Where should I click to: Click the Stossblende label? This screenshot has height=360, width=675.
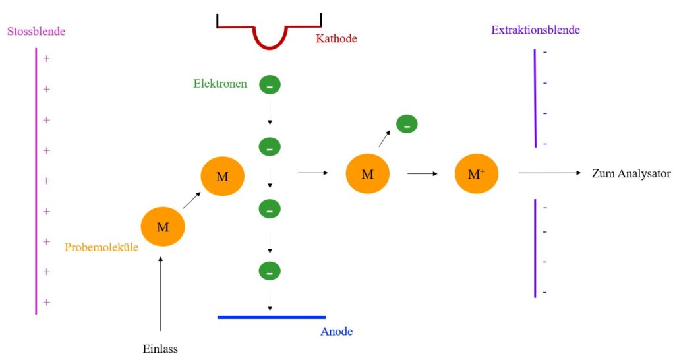pos(36,32)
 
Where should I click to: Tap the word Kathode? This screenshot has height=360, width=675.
pos(336,38)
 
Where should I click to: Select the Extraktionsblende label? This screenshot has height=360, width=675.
pos(535,30)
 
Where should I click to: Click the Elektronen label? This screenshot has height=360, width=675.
pos(220,84)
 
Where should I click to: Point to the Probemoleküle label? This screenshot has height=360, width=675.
pos(101,247)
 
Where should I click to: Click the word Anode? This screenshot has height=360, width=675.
pos(336,332)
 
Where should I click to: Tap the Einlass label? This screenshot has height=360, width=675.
pos(160,349)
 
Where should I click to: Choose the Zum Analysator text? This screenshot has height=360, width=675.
pos(631,173)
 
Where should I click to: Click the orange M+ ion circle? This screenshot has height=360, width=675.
pos(476,173)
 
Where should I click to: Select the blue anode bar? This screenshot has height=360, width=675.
pos(272,317)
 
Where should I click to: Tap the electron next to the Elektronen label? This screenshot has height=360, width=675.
pos(270,85)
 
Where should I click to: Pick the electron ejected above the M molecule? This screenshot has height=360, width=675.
pos(407,124)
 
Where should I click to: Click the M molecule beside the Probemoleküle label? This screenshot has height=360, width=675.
pos(163,227)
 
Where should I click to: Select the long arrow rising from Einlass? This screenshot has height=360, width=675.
pos(161,293)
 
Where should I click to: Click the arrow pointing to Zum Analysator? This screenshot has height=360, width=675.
pos(550,173)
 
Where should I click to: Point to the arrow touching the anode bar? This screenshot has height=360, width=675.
pos(270,301)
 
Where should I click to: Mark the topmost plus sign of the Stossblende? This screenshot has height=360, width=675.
pos(47,59)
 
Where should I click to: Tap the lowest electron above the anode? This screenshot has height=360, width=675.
pos(270,271)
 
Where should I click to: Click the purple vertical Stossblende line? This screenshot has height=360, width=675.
pos(36,181)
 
